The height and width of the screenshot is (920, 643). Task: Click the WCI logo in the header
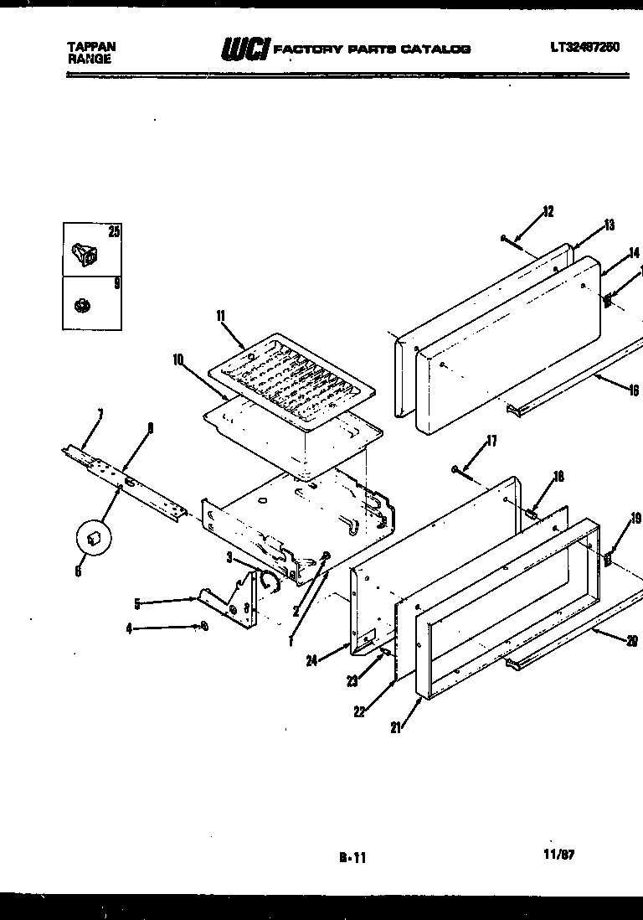[x=244, y=49]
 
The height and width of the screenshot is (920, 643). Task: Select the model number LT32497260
[x=584, y=48]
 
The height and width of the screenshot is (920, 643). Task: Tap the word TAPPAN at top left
[x=90, y=47]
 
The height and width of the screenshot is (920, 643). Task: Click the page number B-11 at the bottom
[x=352, y=857]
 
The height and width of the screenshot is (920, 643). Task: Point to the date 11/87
[x=558, y=855]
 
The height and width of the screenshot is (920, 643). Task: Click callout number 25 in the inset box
[x=113, y=232]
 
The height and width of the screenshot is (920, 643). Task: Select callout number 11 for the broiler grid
[x=221, y=316]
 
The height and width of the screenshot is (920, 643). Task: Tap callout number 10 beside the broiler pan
[x=178, y=359]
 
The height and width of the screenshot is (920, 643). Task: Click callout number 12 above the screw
[x=548, y=211]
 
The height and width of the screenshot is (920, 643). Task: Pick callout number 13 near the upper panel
[x=609, y=225]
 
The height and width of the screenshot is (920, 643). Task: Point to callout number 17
[x=491, y=441]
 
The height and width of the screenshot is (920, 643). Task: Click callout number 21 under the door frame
[x=395, y=726]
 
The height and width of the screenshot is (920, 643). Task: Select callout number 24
[x=311, y=660]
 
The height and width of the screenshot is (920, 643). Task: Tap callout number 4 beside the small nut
[x=129, y=628]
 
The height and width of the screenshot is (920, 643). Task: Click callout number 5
[x=137, y=601]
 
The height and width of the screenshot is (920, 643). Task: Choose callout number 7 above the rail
[x=100, y=413]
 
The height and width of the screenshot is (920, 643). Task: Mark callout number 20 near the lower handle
[x=631, y=642]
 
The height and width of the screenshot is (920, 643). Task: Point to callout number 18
[x=558, y=477]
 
